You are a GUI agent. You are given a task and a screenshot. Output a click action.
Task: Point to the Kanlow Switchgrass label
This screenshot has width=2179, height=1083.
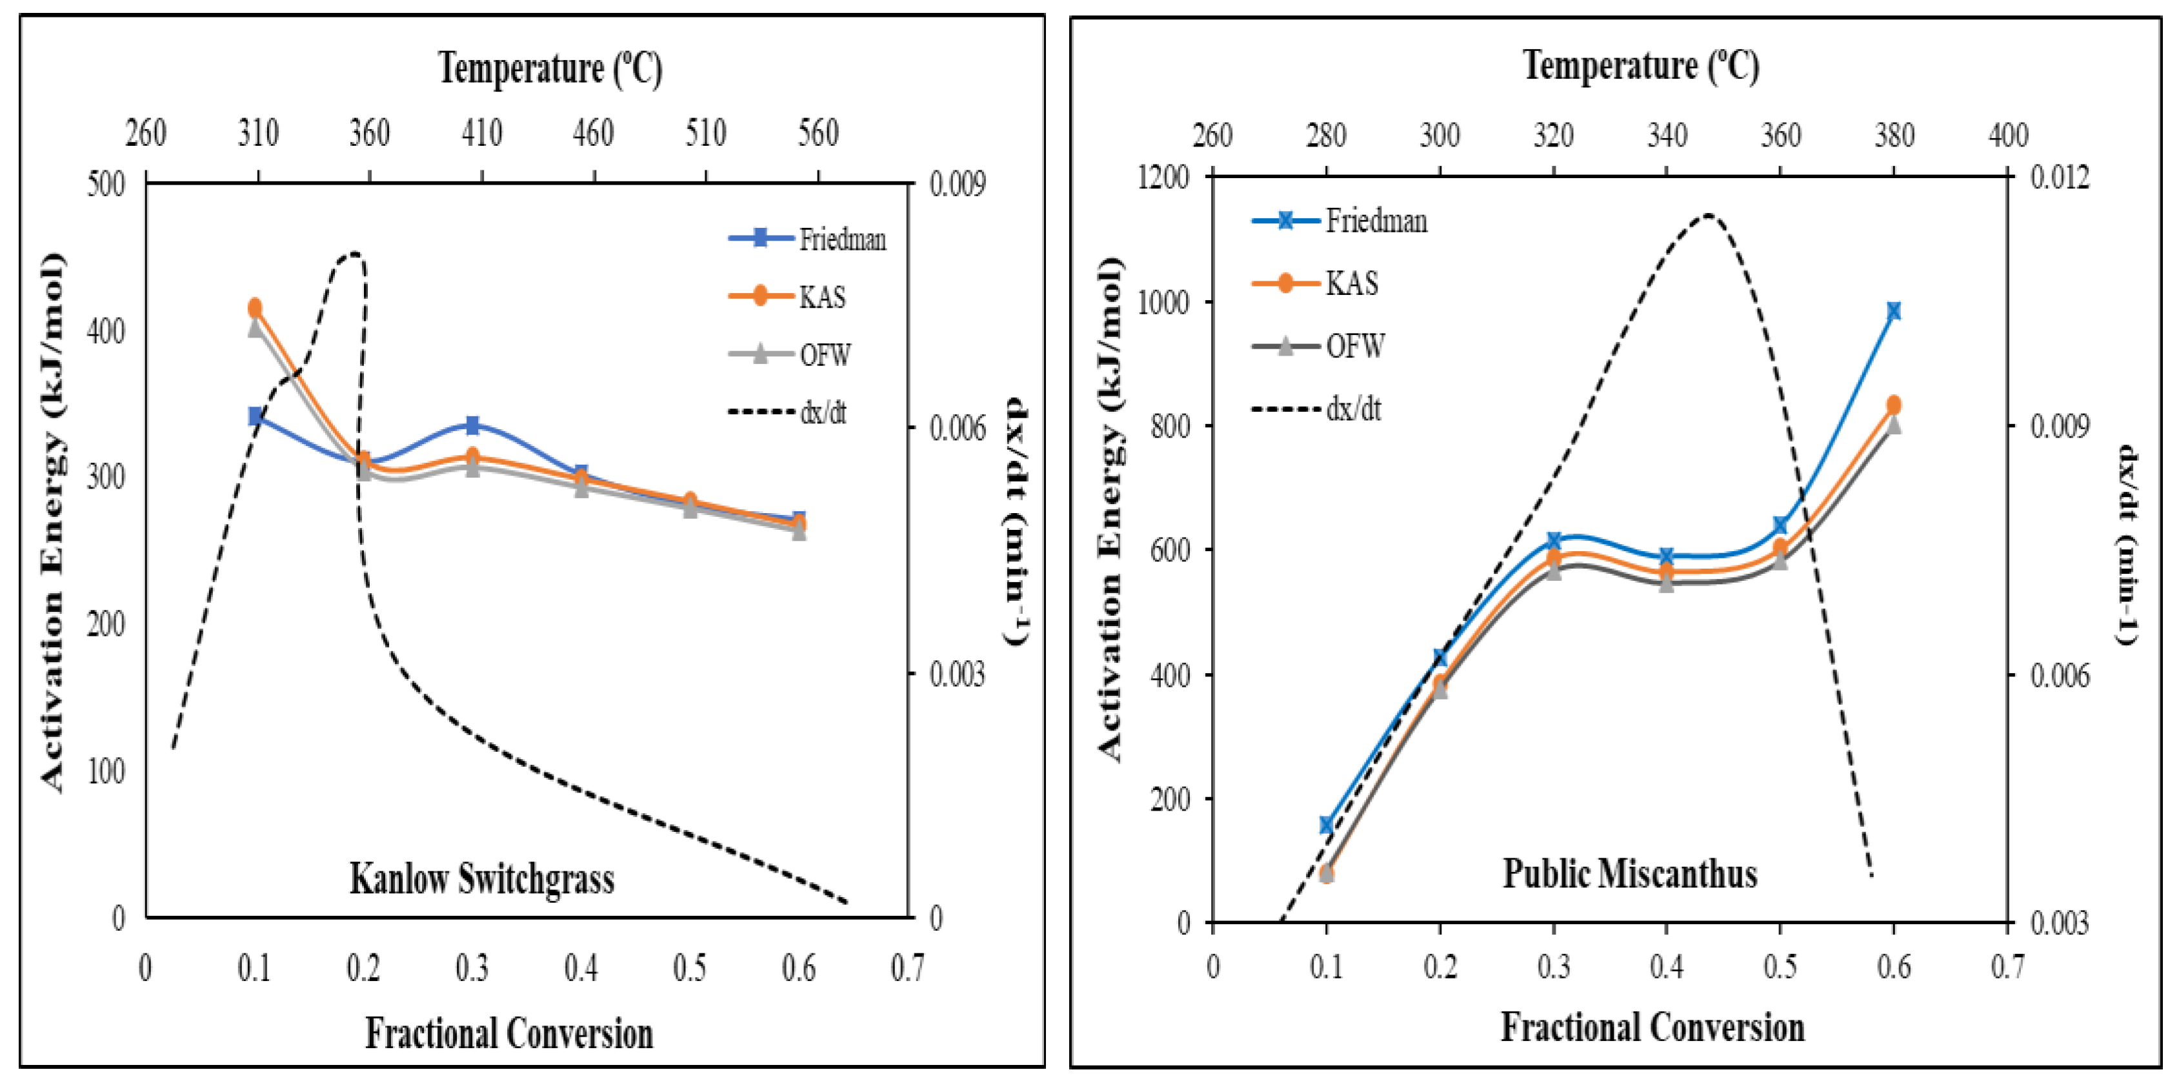click(482, 879)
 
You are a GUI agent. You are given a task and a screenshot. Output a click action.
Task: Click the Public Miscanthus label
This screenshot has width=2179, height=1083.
click(1629, 874)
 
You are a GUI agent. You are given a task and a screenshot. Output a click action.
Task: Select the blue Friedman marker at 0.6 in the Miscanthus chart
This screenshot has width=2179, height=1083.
click(1894, 311)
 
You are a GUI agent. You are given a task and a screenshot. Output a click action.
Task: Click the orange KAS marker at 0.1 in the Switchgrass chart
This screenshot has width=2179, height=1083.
click(255, 308)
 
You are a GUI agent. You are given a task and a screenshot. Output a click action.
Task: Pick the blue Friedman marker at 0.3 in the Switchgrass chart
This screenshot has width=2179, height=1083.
click(473, 425)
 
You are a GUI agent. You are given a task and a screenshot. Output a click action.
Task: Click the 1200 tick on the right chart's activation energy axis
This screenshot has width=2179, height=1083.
click(1165, 177)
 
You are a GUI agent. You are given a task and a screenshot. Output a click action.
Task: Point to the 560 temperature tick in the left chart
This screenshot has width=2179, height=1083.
click(818, 134)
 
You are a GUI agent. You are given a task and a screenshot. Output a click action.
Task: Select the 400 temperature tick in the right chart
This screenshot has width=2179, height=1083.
click(2007, 136)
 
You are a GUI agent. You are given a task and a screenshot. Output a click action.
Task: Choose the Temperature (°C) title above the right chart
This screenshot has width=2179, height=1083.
click(1641, 66)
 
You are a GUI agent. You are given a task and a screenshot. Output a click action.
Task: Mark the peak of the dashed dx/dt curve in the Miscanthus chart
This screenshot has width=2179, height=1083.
click(1707, 215)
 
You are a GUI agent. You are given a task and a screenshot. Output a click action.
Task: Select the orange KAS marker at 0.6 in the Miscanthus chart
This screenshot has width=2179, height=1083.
click(1894, 405)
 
